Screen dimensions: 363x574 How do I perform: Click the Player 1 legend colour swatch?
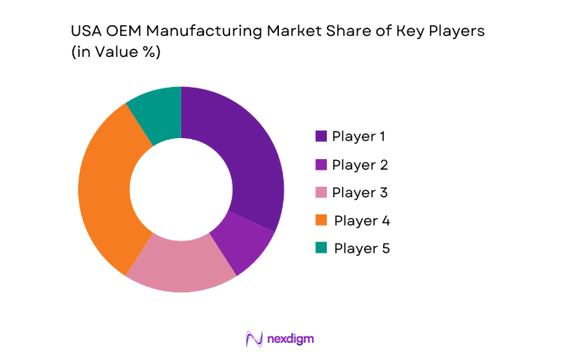pos(320,136)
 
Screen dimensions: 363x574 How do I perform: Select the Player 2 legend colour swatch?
pos(320,165)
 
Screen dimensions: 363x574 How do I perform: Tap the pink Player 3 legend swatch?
pos(320,192)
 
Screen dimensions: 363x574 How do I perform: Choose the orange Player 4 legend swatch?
pos(320,220)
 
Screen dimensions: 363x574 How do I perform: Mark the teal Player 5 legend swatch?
pos(320,248)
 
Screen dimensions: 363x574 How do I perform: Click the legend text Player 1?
pos(359,136)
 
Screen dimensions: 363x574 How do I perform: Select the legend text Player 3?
pos(359,192)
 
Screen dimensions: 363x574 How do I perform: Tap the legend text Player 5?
pos(361,248)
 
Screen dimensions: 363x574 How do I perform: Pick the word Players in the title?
pos(454,32)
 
